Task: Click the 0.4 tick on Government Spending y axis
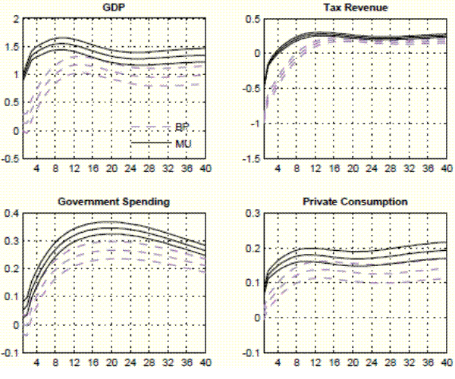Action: point(11,213)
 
